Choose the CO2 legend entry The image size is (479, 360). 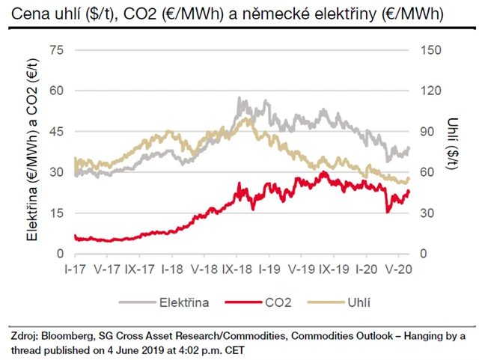266,303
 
